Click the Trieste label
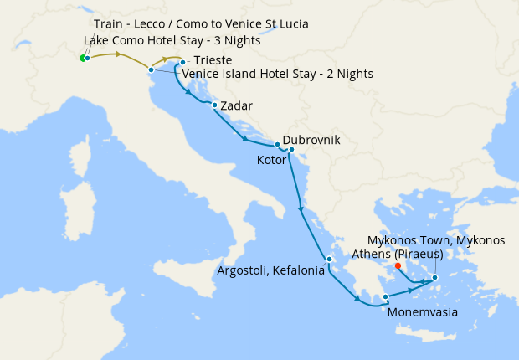tap(213, 61)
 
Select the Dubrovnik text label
tap(311, 141)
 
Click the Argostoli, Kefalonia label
tap(270, 270)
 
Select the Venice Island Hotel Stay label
tap(277, 74)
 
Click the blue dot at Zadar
tap(215, 105)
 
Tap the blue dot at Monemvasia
tap(385, 296)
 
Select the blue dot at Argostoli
tap(330, 260)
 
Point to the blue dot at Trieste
tap(182, 62)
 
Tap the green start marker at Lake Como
tap(82, 59)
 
